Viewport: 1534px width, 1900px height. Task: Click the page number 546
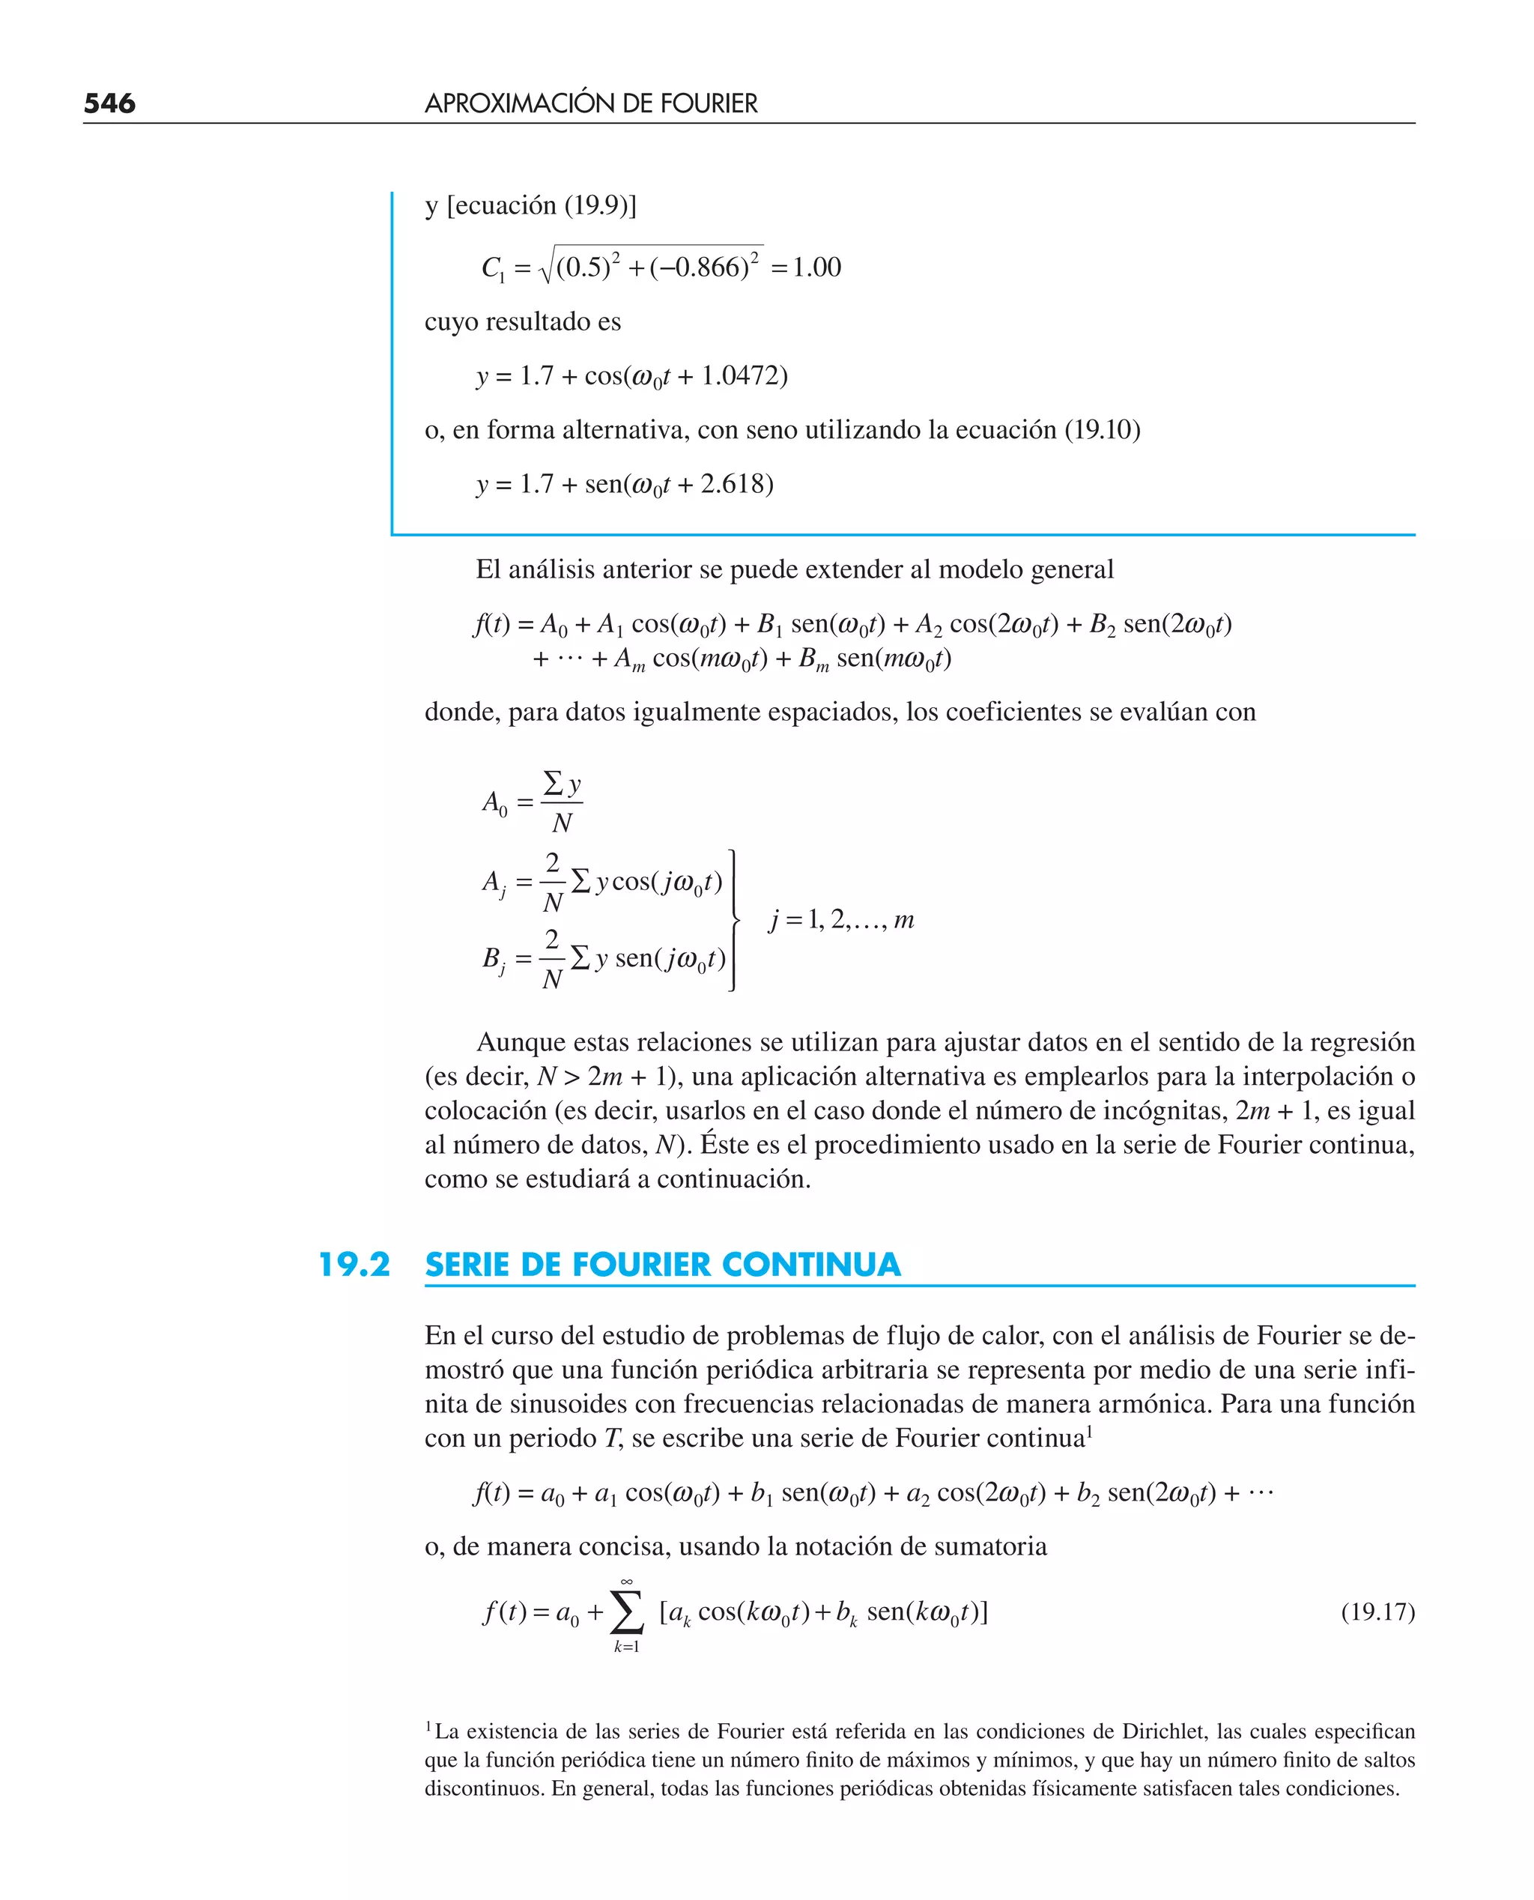click(x=109, y=103)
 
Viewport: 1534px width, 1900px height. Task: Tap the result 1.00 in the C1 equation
click(x=816, y=267)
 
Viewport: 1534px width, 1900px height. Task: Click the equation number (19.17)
click(x=1377, y=1611)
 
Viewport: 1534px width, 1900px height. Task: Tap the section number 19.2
click(x=354, y=1265)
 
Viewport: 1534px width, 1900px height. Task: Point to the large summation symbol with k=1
click(x=626, y=1613)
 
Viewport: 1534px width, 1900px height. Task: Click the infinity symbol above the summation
click(x=626, y=1581)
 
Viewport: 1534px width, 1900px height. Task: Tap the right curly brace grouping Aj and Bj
click(x=733, y=920)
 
